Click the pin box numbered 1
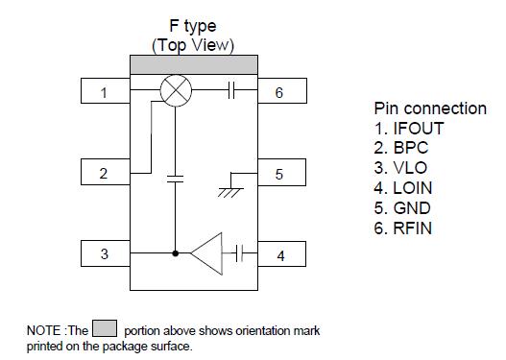coord(104,93)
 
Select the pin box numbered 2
coord(104,174)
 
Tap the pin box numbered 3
coord(104,255)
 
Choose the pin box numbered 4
coord(279,255)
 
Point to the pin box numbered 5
coord(279,174)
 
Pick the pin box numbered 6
coord(279,93)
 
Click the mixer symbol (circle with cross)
coord(175,92)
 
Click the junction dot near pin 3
coord(175,255)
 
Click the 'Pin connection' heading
coord(428,108)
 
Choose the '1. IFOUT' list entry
coord(409,128)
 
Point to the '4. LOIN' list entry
coord(406,188)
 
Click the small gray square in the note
coord(107,330)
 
